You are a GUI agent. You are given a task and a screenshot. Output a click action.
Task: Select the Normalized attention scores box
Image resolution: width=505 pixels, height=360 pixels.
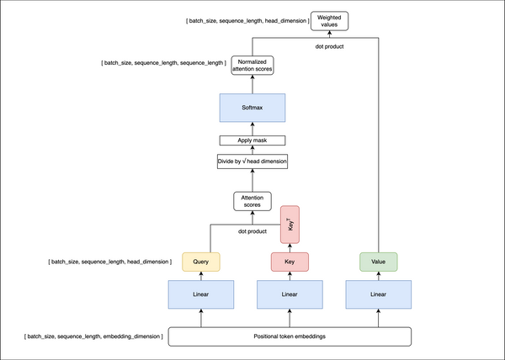click(x=252, y=66)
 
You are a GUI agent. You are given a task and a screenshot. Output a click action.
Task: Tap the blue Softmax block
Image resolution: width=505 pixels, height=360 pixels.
click(x=252, y=108)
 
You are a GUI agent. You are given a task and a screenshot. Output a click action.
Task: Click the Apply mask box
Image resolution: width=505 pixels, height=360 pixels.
click(x=252, y=140)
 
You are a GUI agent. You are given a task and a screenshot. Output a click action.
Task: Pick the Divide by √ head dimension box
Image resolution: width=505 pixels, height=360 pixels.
click(x=252, y=159)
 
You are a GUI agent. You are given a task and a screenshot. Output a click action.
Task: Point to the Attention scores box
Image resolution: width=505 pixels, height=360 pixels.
click(x=252, y=201)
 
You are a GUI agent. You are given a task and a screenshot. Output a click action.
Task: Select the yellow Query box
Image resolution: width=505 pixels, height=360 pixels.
click(x=200, y=261)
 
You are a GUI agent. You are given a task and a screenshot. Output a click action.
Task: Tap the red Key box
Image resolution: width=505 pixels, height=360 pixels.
click(x=290, y=261)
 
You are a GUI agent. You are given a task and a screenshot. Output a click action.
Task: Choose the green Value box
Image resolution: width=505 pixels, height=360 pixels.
click(x=378, y=261)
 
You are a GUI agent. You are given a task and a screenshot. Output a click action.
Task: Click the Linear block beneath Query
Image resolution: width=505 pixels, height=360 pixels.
click(x=200, y=295)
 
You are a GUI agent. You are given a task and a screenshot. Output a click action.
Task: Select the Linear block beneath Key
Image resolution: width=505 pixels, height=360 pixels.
click(x=290, y=295)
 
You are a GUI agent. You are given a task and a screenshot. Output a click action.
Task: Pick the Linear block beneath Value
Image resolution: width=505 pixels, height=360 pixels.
click(x=378, y=295)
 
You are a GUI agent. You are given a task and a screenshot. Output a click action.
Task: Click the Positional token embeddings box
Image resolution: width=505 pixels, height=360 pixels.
click(x=290, y=337)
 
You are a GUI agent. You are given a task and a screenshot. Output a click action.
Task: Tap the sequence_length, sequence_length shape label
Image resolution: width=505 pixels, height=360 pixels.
click(x=162, y=63)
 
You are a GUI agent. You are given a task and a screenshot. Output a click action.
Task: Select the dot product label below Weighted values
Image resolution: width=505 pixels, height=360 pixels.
click(x=331, y=45)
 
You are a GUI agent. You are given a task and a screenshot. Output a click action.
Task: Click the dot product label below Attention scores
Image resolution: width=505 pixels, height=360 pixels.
click(x=252, y=230)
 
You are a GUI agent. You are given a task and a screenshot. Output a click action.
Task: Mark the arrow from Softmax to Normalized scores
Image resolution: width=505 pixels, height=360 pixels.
click(x=252, y=85)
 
